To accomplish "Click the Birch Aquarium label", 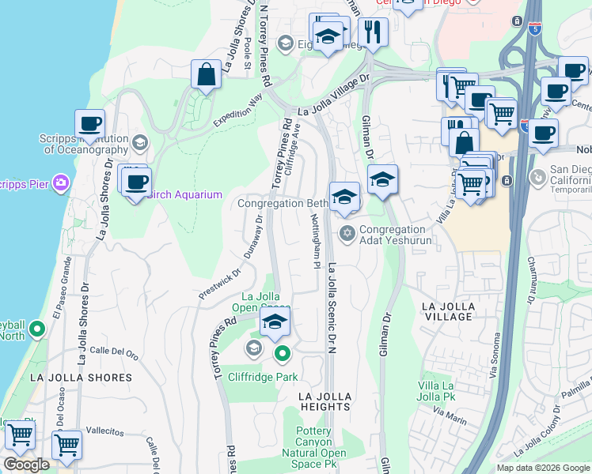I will pyautogui.click(x=183, y=195).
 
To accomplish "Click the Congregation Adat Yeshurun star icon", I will pyautogui.click(x=346, y=232).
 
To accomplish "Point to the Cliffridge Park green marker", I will pyautogui.click(x=281, y=354).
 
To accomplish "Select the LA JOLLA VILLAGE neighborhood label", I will pyautogui.click(x=448, y=311).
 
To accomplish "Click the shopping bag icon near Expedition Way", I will pyautogui.click(x=206, y=75).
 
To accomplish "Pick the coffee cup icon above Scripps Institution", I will pyautogui.click(x=90, y=124).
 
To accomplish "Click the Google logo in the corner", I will pyautogui.click(x=26, y=465).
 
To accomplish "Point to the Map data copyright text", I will pyautogui.click(x=543, y=468).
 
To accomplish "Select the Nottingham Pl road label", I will pyautogui.click(x=314, y=241).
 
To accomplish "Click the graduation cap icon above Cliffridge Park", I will pyautogui.click(x=275, y=322).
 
